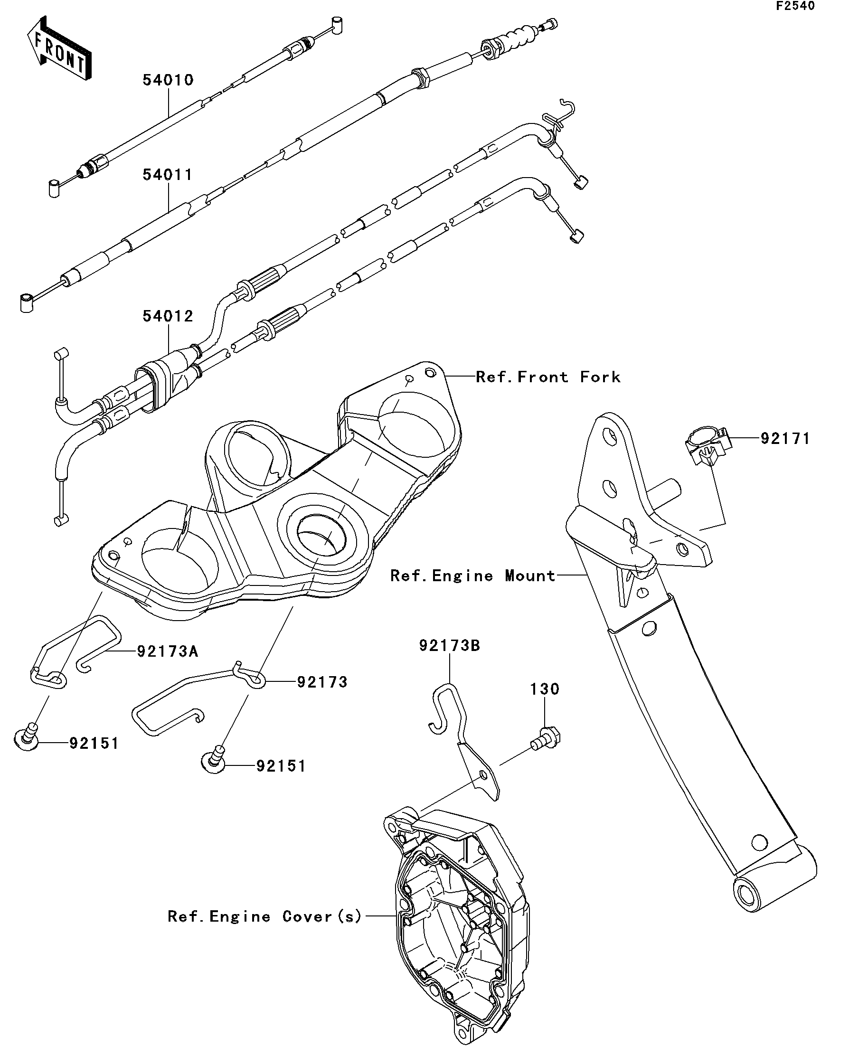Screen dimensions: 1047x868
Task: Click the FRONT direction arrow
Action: point(59,49)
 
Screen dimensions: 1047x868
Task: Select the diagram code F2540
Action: point(794,6)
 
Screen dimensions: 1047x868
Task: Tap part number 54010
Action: point(168,80)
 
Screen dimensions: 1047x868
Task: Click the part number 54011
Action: point(168,175)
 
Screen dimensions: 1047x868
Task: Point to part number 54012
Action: point(168,316)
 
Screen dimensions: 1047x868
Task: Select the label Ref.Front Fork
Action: point(548,377)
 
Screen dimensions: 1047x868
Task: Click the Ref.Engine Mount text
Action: point(472,576)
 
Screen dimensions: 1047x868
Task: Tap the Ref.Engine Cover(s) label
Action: point(264,916)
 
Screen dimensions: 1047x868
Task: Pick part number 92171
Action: point(785,439)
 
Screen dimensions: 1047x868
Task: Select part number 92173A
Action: point(168,651)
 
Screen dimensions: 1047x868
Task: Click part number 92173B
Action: point(449,646)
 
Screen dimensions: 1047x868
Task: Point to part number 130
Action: point(545,689)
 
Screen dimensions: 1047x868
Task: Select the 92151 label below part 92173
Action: point(281,766)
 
